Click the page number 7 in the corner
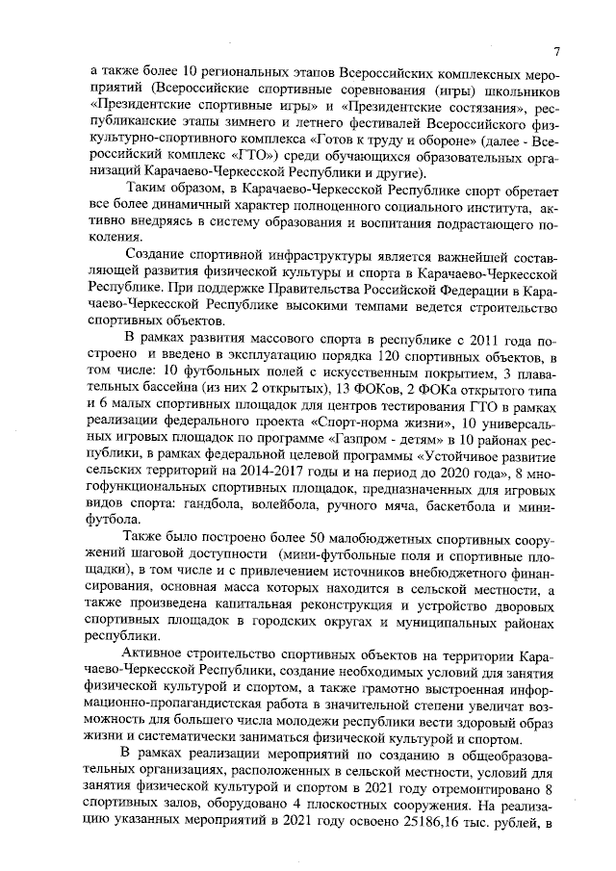click(x=557, y=51)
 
